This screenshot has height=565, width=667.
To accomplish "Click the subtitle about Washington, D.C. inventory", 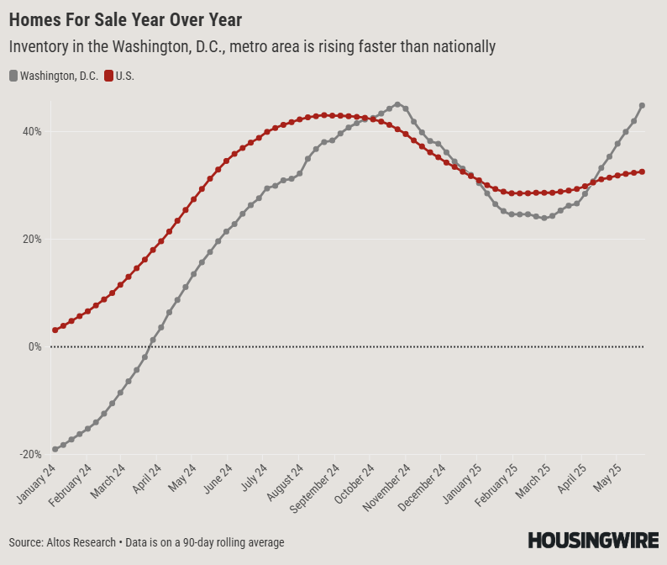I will click(x=252, y=47).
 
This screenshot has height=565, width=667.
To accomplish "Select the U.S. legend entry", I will click(x=118, y=76).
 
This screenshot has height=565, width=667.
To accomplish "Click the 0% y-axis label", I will click(x=35, y=347).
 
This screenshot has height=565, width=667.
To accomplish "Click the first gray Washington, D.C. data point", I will click(x=55, y=449).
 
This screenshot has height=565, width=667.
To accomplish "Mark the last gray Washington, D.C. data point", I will click(x=642, y=105).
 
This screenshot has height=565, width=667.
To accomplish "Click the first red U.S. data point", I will click(x=55, y=330).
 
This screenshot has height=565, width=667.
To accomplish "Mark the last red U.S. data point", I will click(x=642, y=172).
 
